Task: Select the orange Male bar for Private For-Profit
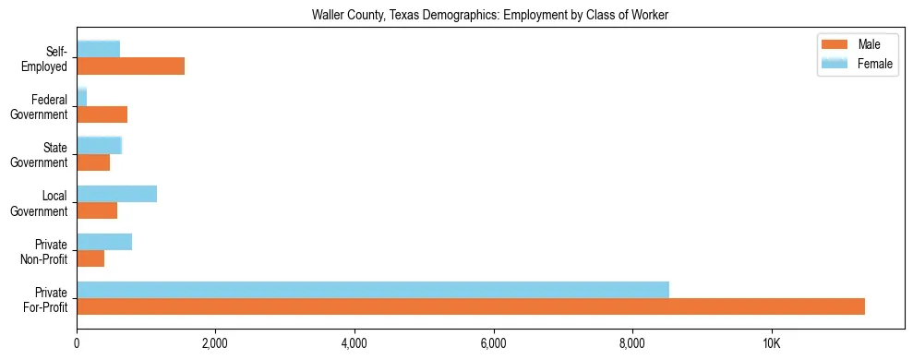click(x=471, y=306)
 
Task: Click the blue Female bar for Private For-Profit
click(x=373, y=290)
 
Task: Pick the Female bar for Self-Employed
click(x=98, y=49)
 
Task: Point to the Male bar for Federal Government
click(x=102, y=114)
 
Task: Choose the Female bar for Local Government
click(x=116, y=194)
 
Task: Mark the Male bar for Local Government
click(x=97, y=210)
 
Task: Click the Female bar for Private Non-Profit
click(x=104, y=242)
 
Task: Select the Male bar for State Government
click(x=93, y=162)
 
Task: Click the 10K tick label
click(x=771, y=344)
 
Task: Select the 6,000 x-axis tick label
click(x=494, y=344)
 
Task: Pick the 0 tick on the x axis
click(x=77, y=344)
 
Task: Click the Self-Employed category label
click(x=50, y=58)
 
